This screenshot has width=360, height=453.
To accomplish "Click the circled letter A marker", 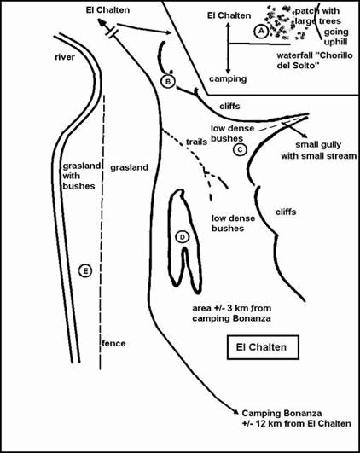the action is click(x=261, y=31).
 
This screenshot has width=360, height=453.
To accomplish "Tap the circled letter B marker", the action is click(x=168, y=81).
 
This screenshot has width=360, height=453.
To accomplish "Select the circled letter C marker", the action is click(x=240, y=149).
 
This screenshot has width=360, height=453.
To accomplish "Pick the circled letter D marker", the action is click(x=182, y=237).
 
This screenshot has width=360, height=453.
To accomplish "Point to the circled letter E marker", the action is click(x=85, y=271).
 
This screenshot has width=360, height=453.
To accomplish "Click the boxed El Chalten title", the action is click(x=263, y=347).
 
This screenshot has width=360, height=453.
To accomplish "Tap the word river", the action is click(x=65, y=57).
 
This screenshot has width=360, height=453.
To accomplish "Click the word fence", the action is click(x=113, y=343).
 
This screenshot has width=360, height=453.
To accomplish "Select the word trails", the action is click(x=196, y=142).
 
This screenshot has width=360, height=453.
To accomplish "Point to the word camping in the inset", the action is click(x=228, y=78).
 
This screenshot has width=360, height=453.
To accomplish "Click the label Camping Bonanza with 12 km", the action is click(x=297, y=418).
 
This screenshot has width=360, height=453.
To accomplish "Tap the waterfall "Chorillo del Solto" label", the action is click(x=315, y=60).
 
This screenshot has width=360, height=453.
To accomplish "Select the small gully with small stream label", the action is click(x=319, y=150).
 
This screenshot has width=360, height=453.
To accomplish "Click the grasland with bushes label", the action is click(x=82, y=176).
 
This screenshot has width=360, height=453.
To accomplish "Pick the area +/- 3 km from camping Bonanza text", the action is click(x=232, y=313).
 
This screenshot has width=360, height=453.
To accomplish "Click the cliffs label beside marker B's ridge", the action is click(x=229, y=107).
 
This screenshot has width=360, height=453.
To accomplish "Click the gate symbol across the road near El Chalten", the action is click(x=112, y=32).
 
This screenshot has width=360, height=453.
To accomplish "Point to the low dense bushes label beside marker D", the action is click(x=233, y=224).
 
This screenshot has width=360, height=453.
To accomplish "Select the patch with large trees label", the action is click(x=317, y=16).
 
